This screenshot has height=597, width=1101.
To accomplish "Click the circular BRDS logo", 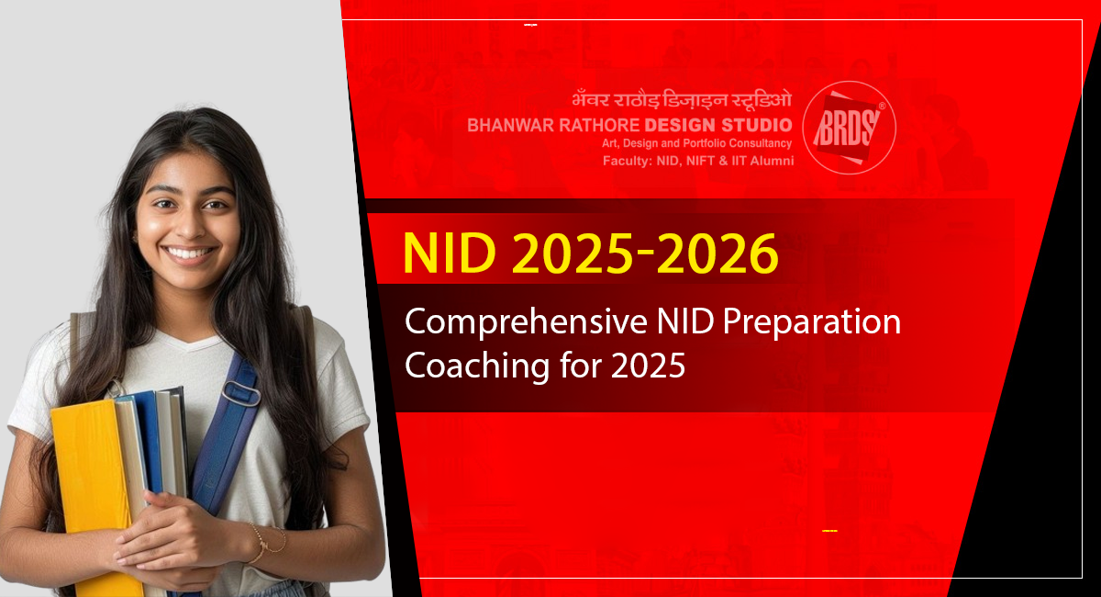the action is coord(849,128).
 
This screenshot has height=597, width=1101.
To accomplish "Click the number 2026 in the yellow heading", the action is coord(717,254).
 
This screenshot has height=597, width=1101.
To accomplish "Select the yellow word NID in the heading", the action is coord(450,253).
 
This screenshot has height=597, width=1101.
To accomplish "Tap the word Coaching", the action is coord(477,366).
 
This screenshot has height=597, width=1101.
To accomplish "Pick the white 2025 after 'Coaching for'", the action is coord(648,366).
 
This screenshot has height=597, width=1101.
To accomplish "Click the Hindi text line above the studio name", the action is coord(682,99).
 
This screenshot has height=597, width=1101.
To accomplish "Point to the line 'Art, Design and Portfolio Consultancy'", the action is coord(696,143).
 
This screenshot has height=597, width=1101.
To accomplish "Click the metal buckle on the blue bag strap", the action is coord(240,394).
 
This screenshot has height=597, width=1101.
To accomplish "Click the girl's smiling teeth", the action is coord(189,253).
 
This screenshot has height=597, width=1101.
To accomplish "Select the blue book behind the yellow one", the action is coord(150,441).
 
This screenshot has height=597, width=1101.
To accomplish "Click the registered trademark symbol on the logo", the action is coord(882,106).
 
